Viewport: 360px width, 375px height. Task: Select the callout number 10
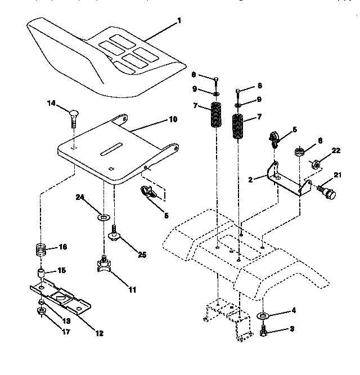(x=173, y=119)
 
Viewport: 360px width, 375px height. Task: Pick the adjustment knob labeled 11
(x=104, y=265)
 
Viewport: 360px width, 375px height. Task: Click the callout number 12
(x=100, y=333)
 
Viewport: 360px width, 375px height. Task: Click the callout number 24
(x=80, y=197)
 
